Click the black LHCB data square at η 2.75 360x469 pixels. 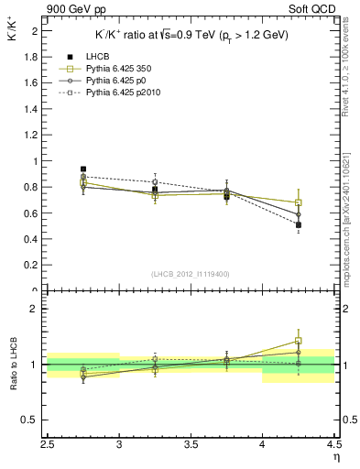click(x=83, y=169)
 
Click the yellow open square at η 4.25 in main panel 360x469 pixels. click(x=299, y=202)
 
